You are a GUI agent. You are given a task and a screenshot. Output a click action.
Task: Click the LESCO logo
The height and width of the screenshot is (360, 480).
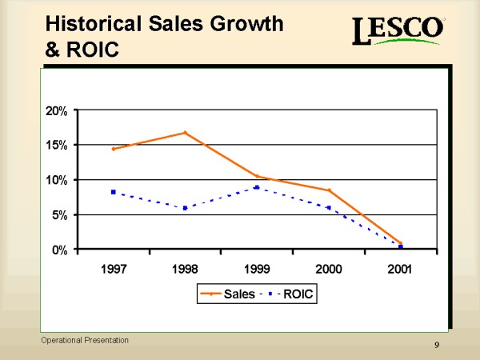398,33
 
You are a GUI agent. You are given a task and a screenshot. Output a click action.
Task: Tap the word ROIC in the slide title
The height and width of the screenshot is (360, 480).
90,50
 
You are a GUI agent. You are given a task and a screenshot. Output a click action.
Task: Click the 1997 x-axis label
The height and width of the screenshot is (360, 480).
114,268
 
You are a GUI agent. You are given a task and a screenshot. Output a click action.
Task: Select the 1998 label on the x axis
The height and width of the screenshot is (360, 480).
185,268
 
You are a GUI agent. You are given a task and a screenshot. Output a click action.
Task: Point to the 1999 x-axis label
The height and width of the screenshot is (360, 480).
256,268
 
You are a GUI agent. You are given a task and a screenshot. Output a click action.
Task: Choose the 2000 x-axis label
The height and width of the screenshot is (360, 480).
328,268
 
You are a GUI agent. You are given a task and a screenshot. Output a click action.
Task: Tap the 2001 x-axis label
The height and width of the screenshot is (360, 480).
399,268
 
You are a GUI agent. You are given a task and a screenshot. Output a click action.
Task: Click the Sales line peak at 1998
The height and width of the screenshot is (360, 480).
185,133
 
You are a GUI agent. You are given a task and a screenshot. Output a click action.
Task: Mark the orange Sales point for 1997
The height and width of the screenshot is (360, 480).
114,149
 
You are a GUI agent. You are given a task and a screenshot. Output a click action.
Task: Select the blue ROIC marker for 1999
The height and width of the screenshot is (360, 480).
257,187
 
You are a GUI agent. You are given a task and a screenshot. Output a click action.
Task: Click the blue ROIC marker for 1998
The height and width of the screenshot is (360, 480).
185,208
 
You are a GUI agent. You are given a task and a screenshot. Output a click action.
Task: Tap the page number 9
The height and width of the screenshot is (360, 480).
436,344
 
